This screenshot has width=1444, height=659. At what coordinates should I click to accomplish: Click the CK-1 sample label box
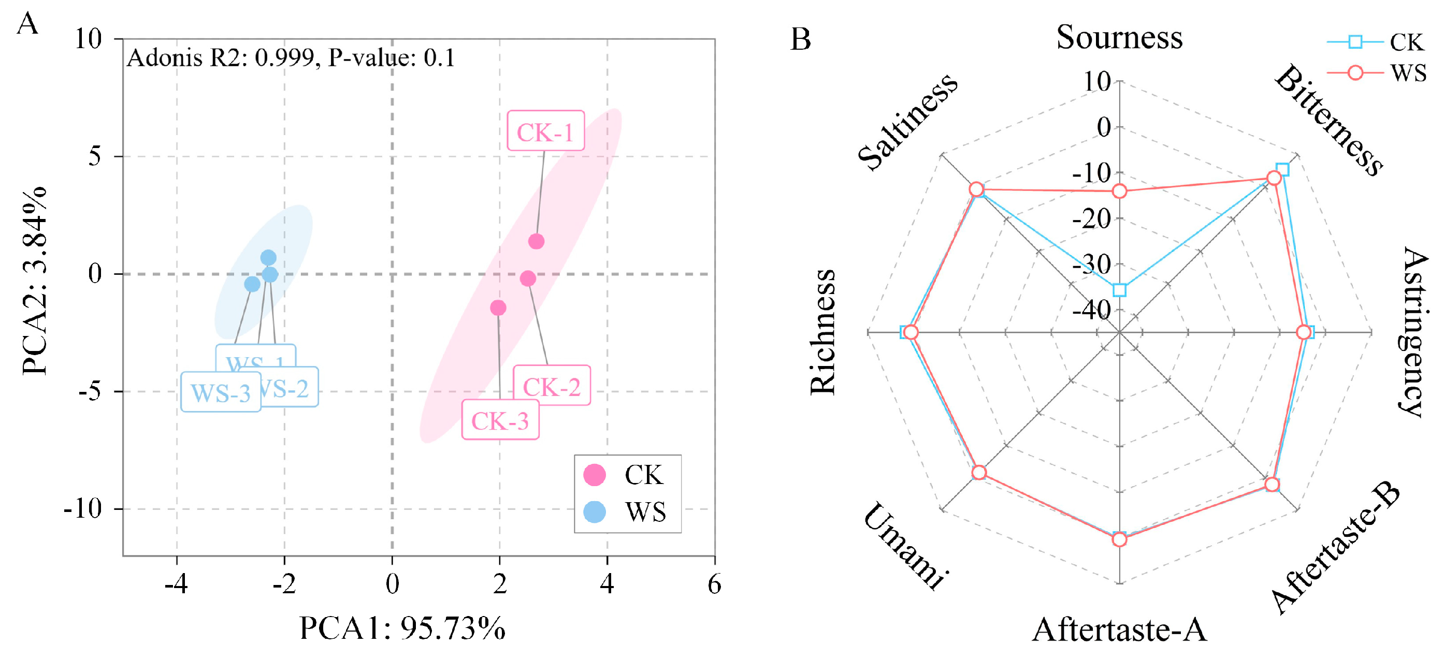click(545, 131)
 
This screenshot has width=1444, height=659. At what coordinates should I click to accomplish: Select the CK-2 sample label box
click(552, 386)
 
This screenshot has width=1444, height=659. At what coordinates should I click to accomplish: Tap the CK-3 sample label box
click(499, 420)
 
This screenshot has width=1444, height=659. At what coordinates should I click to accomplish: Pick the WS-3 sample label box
click(220, 392)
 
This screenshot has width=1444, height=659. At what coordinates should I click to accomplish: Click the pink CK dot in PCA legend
click(594, 475)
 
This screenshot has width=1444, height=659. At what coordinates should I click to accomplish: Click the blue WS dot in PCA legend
click(594, 511)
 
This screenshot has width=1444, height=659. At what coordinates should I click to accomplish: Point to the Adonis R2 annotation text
click(291, 57)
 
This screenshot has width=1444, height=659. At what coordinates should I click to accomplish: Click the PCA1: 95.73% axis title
click(402, 627)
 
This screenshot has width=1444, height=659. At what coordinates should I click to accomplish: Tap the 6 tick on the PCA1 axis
click(714, 584)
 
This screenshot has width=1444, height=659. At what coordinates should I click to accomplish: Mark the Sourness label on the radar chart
click(1119, 38)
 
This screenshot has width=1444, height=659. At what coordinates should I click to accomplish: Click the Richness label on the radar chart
click(823, 332)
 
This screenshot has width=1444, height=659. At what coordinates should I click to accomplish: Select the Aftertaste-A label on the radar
click(1119, 630)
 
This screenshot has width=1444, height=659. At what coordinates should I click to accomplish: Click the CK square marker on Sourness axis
click(1119, 290)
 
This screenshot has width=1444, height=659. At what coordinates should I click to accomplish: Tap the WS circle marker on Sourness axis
click(1119, 192)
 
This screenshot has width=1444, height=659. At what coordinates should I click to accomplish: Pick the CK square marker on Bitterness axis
click(1282, 169)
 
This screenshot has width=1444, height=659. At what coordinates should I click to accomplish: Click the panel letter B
click(801, 39)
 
